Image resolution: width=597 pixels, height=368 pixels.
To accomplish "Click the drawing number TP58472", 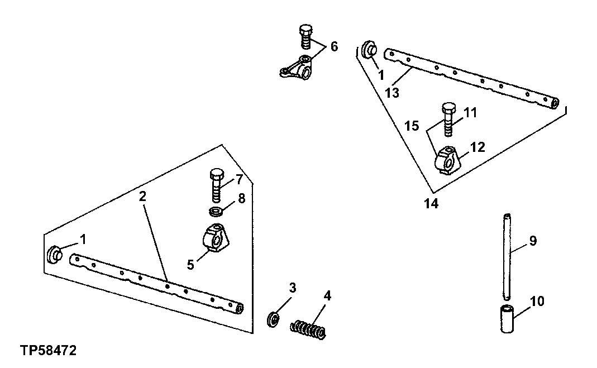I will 48,351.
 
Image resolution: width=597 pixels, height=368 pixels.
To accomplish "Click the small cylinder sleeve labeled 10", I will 506,319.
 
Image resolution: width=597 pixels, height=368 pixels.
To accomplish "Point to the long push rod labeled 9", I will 506,256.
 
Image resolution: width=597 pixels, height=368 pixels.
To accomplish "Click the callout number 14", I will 431,204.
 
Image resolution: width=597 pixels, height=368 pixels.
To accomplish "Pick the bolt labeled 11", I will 448,121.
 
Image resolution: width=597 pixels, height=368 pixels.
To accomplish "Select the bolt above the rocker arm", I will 305,35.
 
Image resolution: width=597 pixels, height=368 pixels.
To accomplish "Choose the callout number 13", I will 392,92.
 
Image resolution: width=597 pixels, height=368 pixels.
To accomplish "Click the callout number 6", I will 334,46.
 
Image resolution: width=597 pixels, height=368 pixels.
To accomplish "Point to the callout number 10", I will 537,302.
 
